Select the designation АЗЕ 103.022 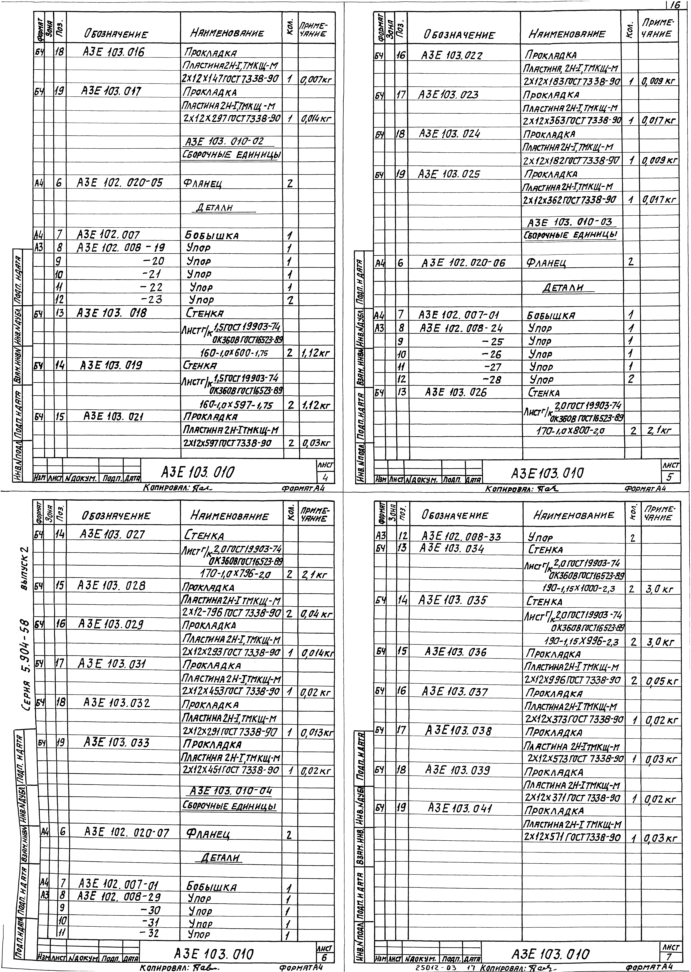[x=451, y=55]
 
